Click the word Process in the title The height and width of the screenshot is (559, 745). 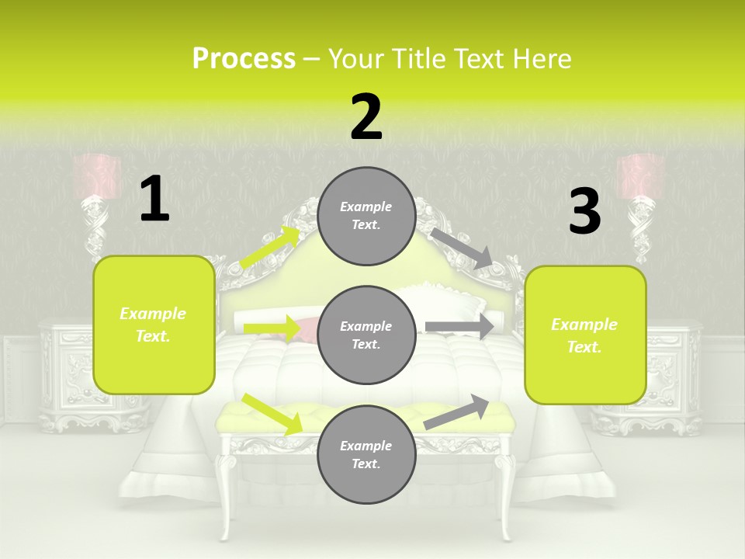coord(244,59)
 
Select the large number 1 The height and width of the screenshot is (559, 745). coord(155,198)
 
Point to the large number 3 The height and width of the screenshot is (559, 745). coord(585,210)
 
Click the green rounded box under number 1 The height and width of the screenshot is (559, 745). coord(154,325)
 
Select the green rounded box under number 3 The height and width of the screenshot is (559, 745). coord(585,335)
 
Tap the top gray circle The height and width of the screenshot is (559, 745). coord(366,217)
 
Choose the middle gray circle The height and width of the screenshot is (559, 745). coord(366,335)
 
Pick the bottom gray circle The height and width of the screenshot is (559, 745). coord(366,454)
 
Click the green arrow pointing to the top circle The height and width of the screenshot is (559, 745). coord(270,247)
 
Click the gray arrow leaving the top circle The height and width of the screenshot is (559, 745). coord(462,249)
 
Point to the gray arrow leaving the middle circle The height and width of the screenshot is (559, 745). coord(459,327)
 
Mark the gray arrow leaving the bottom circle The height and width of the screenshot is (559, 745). coord(456,412)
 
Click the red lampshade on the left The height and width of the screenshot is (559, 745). coord(97,176)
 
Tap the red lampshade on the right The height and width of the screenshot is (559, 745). coord(639,176)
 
